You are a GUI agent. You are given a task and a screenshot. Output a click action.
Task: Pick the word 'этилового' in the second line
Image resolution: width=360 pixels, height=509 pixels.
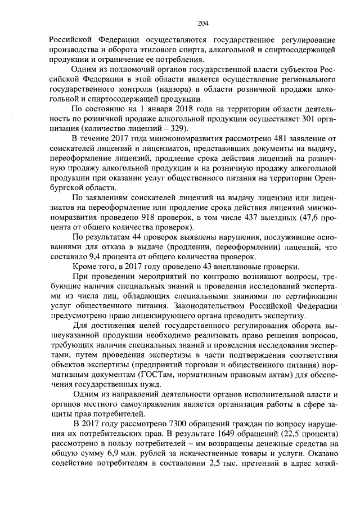[133, 51]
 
